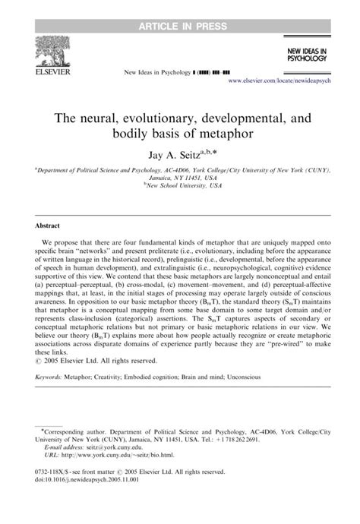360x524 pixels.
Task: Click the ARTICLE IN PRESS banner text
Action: click(x=180, y=8)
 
